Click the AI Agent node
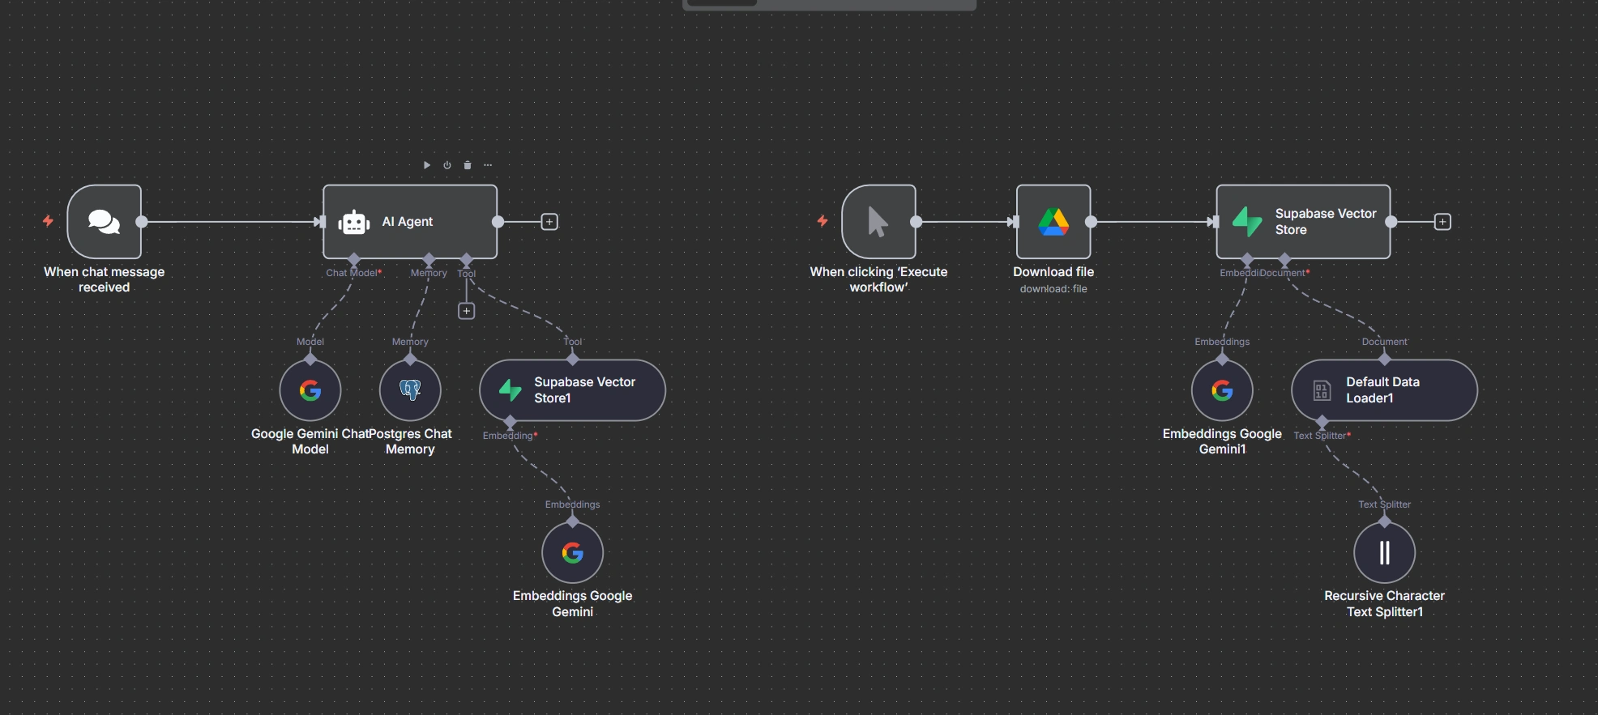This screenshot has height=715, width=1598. [409, 222]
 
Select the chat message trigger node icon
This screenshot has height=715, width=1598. [105, 222]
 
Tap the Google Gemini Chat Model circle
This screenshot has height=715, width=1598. [310, 391]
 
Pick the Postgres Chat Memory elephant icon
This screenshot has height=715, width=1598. [410, 391]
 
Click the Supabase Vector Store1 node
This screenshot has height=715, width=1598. [572, 390]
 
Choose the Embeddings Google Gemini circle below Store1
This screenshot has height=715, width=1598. [573, 553]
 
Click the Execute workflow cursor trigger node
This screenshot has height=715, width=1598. [878, 222]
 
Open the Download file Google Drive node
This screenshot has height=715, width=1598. [1053, 222]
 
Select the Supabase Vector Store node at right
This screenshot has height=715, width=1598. [1303, 222]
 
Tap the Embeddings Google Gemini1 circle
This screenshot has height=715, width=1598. [1222, 391]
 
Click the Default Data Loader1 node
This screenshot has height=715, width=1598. [1384, 390]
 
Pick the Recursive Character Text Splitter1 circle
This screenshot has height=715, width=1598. [1384, 553]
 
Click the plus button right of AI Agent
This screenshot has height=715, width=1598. [549, 222]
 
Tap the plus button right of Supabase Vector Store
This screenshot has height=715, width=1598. [1442, 222]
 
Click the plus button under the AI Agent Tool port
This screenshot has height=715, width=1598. [466, 311]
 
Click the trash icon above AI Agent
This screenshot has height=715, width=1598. [468, 165]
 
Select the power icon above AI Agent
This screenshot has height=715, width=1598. [446, 165]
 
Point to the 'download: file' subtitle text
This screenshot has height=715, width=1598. [1053, 289]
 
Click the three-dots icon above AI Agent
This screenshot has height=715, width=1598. [488, 165]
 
